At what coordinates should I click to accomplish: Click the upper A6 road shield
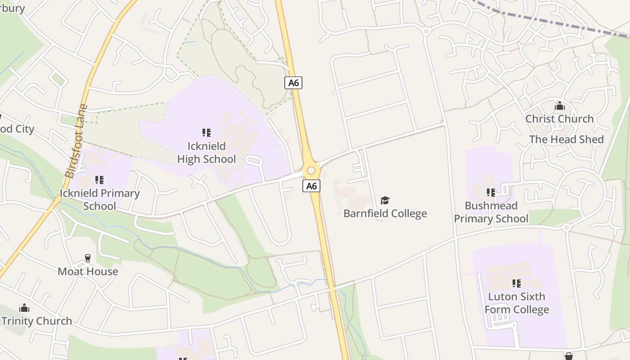(293, 83)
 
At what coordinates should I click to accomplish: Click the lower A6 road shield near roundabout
(311, 186)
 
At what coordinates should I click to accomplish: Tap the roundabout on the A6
(310, 171)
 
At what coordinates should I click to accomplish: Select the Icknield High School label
(206, 153)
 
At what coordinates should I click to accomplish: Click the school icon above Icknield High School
(206, 132)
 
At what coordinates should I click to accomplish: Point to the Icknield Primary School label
(99, 200)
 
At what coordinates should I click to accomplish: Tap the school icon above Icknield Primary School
(99, 180)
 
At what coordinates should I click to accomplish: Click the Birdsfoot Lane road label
(76, 141)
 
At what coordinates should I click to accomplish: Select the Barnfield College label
(385, 213)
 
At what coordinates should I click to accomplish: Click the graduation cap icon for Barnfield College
(385, 200)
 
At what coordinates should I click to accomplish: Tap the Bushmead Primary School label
(491, 212)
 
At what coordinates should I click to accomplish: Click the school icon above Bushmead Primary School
(491, 193)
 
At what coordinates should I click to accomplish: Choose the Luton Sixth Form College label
(517, 303)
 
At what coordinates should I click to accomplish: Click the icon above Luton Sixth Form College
(517, 283)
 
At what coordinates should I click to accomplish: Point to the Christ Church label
(559, 119)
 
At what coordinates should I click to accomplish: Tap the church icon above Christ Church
(560, 106)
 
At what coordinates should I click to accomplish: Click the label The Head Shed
(566, 139)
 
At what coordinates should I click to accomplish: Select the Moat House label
(88, 271)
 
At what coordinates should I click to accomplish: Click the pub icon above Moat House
(88, 258)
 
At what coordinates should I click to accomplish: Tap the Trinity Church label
(37, 321)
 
